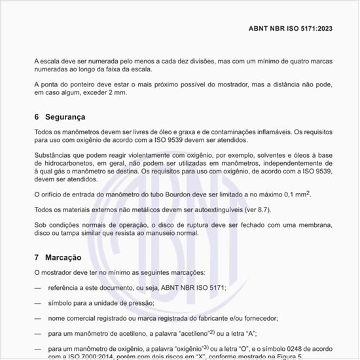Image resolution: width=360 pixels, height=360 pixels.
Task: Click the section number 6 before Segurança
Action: click(x=37, y=117)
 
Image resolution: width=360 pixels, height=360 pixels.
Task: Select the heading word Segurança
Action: click(x=65, y=117)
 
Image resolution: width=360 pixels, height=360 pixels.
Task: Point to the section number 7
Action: click(x=37, y=258)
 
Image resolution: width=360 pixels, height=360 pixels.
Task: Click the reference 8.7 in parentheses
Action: click(x=260, y=209)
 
